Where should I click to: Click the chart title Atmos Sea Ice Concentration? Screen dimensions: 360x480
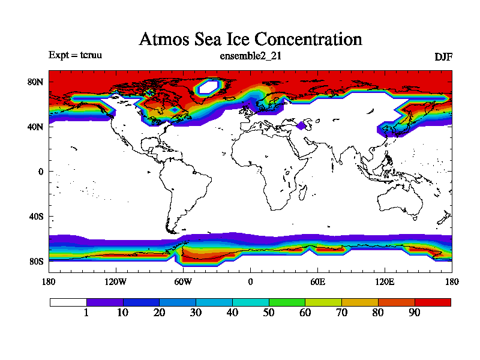tap(250, 40)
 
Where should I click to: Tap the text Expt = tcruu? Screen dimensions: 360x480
tap(75, 55)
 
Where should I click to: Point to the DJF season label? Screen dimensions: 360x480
tap(443, 57)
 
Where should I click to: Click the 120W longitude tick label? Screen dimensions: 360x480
tap(115, 281)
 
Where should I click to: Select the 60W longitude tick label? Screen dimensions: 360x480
tap(183, 281)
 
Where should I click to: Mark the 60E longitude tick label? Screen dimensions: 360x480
tap(317, 281)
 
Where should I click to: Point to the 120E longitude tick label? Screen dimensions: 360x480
tap(385, 281)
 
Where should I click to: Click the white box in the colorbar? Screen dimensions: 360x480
tap(68, 302)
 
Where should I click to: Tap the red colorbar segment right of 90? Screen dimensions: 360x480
tap(433, 302)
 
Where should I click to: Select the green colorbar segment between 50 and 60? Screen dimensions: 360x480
tap(287, 302)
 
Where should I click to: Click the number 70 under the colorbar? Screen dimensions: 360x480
tap(341, 313)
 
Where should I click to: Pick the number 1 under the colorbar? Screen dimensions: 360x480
tap(86, 313)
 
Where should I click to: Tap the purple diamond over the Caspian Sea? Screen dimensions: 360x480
tap(301, 125)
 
